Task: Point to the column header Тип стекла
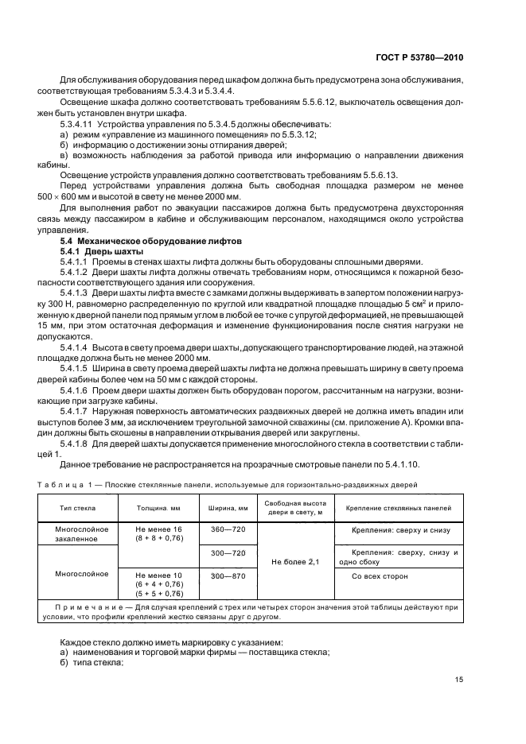coord(76,508)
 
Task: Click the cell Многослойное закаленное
coord(76,533)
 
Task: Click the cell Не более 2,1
coord(295,561)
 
